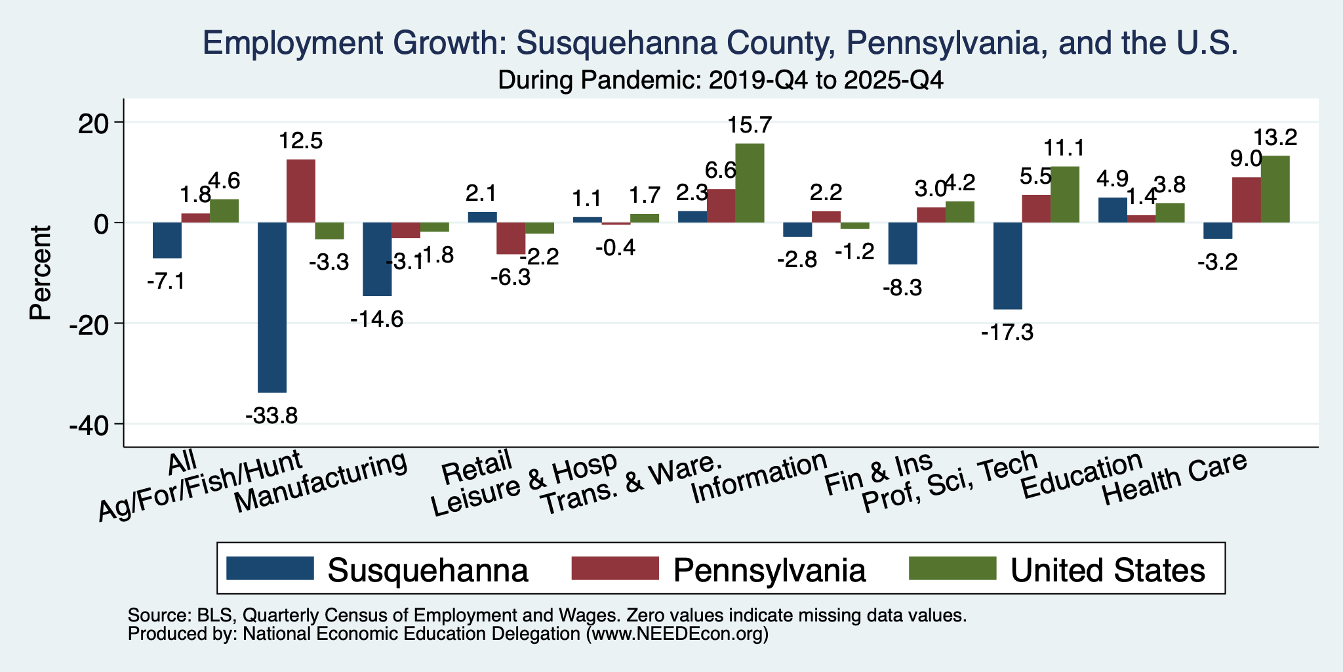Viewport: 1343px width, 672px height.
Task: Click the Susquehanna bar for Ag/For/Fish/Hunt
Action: [272, 307]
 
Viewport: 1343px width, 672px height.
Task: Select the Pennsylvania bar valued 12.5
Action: [301, 191]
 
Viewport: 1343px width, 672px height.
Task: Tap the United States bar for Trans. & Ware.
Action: [750, 183]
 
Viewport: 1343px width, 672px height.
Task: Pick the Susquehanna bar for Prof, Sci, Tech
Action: [1008, 266]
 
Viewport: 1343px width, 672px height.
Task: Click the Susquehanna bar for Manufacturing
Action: [378, 259]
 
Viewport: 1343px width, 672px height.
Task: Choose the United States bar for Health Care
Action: [1275, 189]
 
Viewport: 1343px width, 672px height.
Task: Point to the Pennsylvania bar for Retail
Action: [511, 238]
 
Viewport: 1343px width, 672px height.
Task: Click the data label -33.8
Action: [271, 415]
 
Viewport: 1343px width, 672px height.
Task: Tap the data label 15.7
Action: [750, 124]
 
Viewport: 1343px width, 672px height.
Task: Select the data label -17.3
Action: [1007, 333]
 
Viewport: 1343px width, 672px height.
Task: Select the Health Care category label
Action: [1174, 479]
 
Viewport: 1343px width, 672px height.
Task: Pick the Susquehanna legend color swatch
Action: [270, 568]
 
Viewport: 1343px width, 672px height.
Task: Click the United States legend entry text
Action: [1108, 570]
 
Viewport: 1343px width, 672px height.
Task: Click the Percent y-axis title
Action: [41, 272]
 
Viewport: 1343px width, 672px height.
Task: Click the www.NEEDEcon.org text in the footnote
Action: [676, 634]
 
